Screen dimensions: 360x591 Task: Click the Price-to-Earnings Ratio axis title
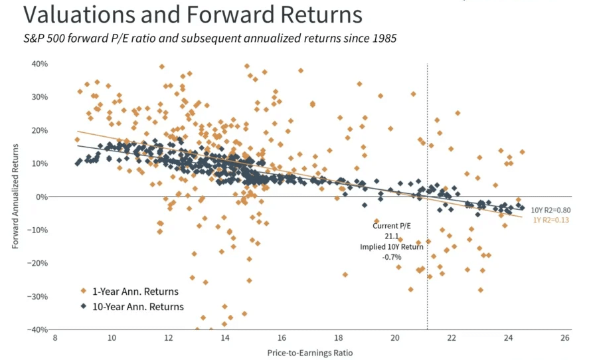click(x=309, y=351)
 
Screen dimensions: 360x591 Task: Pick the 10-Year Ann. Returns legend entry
click(x=138, y=307)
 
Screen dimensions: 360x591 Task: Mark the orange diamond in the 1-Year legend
click(x=84, y=292)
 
